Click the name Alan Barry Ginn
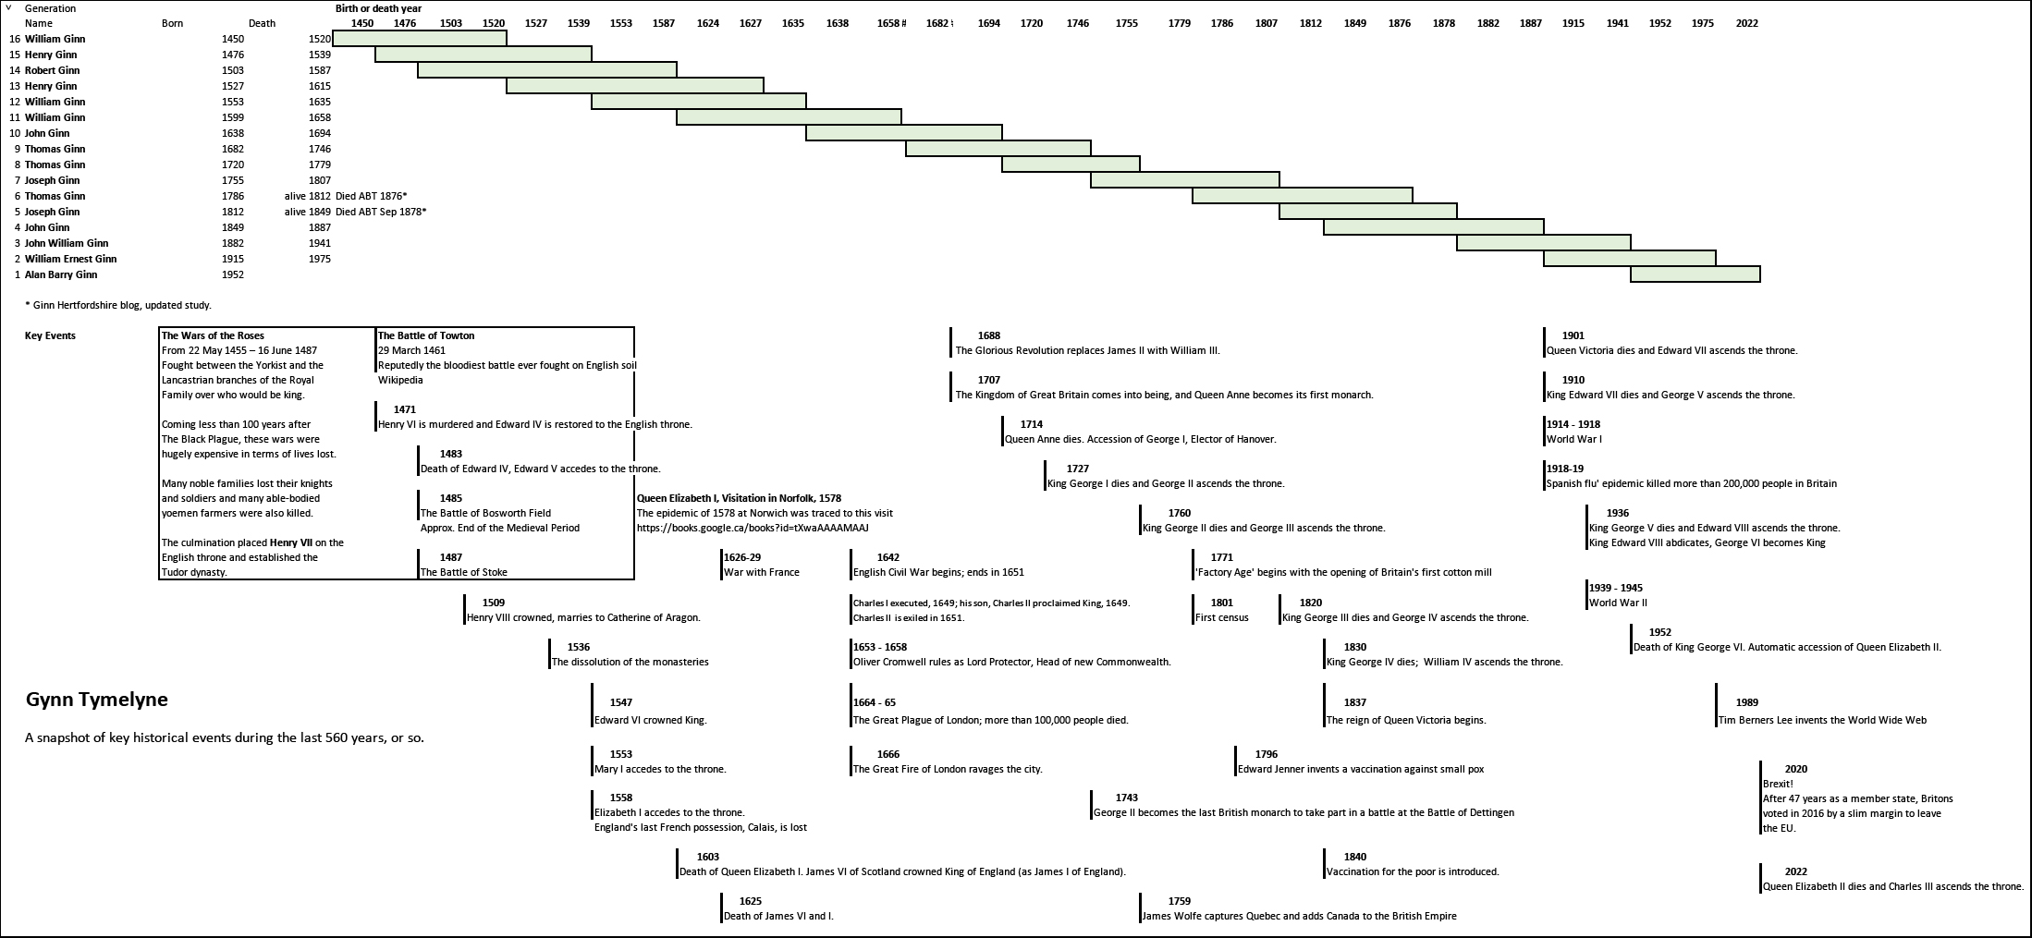click(x=61, y=274)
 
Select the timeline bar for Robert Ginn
click(x=546, y=70)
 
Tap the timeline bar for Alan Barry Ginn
click(x=1695, y=274)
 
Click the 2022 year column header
click(x=1746, y=23)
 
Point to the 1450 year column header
click(x=362, y=23)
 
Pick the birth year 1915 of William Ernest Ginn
click(x=233, y=259)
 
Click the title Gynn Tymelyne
click(x=97, y=700)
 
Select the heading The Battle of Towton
click(x=426, y=335)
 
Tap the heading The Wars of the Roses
click(x=213, y=335)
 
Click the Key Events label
click(x=50, y=335)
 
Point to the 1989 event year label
click(x=1746, y=702)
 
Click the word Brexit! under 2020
click(x=1778, y=784)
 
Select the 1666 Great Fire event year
click(x=887, y=754)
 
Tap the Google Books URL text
click(x=753, y=528)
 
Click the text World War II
click(x=1618, y=603)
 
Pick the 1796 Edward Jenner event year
click(x=1267, y=754)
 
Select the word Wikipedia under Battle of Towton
click(x=400, y=380)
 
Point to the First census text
click(x=1221, y=617)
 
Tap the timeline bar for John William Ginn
click(x=1543, y=243)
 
